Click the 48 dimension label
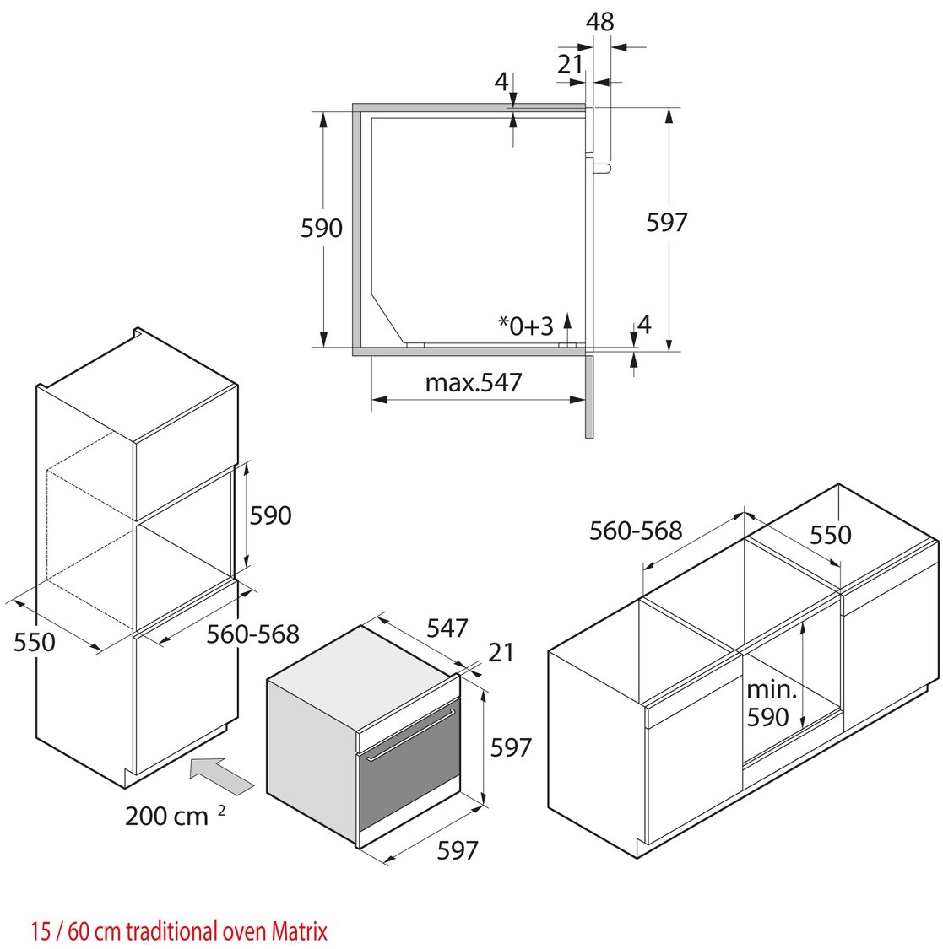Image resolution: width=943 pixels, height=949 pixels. click(x=600, y=21)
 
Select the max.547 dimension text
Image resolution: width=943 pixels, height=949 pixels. click(x=474, y=382)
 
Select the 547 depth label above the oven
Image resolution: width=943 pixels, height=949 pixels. click(x=447, y=628)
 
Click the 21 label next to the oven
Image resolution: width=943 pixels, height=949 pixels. click(x=501, y=652)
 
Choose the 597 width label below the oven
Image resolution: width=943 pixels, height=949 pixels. click(x=457, y=850)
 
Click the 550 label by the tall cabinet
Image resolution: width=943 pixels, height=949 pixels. click(x=35, y=642)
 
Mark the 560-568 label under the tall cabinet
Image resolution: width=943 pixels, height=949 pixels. click(x=253, y=633)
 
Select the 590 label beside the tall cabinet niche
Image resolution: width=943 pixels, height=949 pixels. click(x=271, y=515)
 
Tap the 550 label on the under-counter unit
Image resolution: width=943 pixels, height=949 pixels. click(x=831, y=534)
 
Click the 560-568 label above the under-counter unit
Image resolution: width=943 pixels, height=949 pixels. click(x=636, y=530)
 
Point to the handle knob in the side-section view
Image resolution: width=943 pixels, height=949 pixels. click(x=600, y=167)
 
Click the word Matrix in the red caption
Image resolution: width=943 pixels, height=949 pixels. click(x=300, y=931)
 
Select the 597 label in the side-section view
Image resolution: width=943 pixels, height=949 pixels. click(x=667, y=222)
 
